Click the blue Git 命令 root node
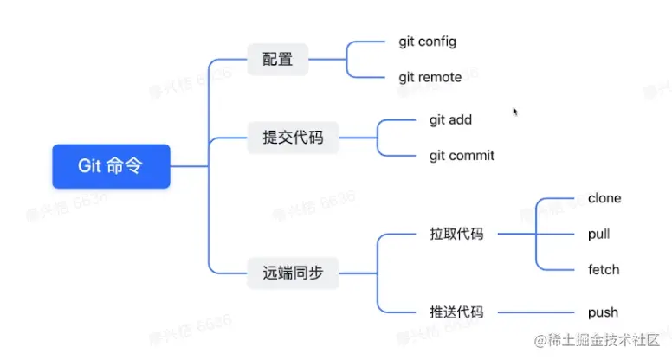pos(111,166)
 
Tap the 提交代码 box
pos(292,137)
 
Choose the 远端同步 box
pos(292,273)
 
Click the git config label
pos(427,42)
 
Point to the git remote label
pos(430,77)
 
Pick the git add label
pos(450,120)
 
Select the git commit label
pos(462,156)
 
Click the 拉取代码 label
pos(456,235)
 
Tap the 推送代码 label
pos(456,312)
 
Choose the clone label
pos(604,198)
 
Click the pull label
pos(599,235)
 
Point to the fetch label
pos(604,269)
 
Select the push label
pos(603,312)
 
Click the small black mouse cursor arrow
pos(515,112)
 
